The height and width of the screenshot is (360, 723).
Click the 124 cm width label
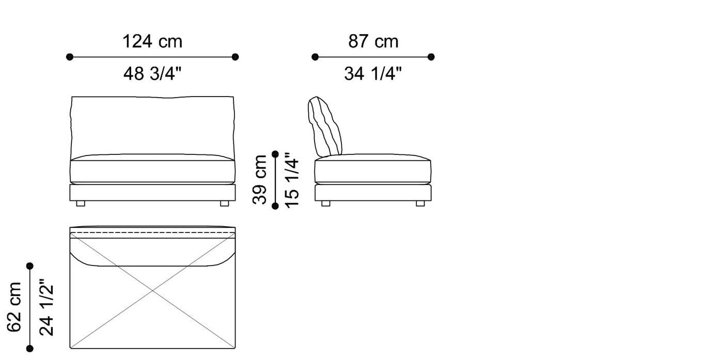(x=152, y=41)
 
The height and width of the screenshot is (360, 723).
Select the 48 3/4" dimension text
(x=152, y=74)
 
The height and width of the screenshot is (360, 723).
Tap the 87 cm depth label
(x=373, y=41)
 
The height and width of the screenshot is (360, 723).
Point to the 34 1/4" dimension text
(x=373, y=74)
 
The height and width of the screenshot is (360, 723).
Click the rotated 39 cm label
(x=260, y=180)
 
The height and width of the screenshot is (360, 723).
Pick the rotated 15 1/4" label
(x=291, y=180)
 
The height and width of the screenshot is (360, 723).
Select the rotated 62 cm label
(x=14, y=307)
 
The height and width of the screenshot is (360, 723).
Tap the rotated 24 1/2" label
(x=46, y=307)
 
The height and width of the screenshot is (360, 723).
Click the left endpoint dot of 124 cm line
(x=70, y=57)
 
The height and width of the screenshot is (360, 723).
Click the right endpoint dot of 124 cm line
(x=235, y=57)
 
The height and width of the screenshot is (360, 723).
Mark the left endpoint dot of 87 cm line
(x=315, y=57)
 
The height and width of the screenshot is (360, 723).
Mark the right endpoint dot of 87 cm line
(x=431, y=57)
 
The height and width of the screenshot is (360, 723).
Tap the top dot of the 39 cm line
(x=275, y=154)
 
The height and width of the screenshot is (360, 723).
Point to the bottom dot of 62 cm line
(x=30, y=349)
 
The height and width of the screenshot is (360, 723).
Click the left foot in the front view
(x=80, y=204)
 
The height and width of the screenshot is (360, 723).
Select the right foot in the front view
(x=225, y=204)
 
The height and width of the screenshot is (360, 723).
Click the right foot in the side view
(x=420, y=204)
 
